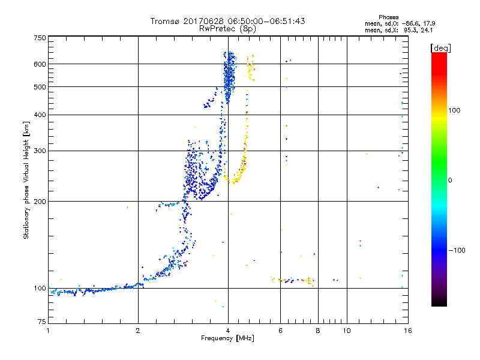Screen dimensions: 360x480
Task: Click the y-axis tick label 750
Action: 40,38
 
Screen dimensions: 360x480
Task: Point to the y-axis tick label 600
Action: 40,64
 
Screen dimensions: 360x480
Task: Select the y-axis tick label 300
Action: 40,151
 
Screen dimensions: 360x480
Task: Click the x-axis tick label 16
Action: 407,330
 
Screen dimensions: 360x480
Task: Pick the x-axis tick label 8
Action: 318,330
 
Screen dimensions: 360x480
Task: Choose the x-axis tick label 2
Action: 138,330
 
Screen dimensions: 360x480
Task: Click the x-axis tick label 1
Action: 48,330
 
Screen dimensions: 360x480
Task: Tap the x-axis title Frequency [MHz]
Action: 227,338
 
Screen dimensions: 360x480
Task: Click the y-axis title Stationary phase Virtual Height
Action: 26,181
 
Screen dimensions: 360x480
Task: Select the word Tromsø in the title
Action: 166,21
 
